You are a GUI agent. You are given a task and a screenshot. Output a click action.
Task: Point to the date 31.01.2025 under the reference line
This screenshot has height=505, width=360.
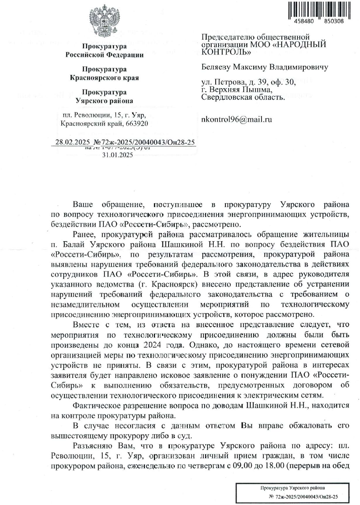(117, 156)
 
